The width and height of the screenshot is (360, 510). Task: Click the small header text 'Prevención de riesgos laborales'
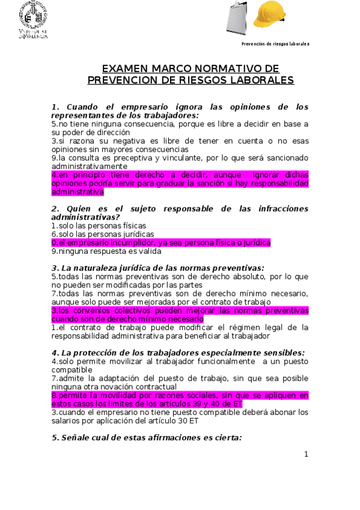pyautogui.click(x=275, y=45)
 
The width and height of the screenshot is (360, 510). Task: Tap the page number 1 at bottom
pyautogui.click(x=305, y=454)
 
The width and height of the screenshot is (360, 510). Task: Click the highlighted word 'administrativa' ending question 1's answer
pyautogui.click(x=78, y=192)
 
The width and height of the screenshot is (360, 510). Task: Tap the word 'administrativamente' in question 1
pyautogui.click(x=89, y=166)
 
